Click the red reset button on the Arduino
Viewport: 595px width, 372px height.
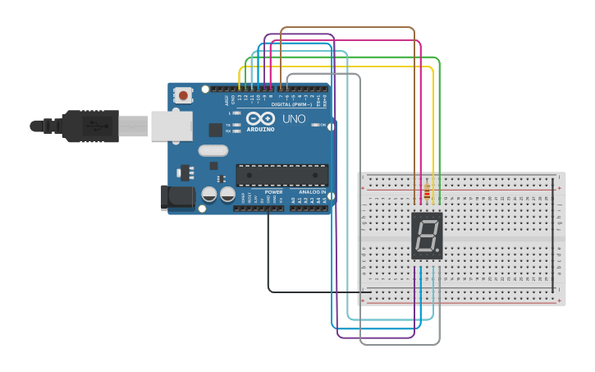coord(182,95)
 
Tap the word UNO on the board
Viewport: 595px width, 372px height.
coord(294,119)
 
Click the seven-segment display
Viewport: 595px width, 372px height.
coord(427,236)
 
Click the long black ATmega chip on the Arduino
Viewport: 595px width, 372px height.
coord(281,175)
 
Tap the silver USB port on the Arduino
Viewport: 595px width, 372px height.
coord(172,126)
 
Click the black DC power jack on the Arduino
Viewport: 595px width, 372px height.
coord(177,197)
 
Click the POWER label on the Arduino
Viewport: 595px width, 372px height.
coord(273,192)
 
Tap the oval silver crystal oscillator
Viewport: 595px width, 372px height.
coord(213,150)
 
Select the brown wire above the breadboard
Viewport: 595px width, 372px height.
coord(349,28)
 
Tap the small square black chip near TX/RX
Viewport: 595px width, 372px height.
coord(215,129)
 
